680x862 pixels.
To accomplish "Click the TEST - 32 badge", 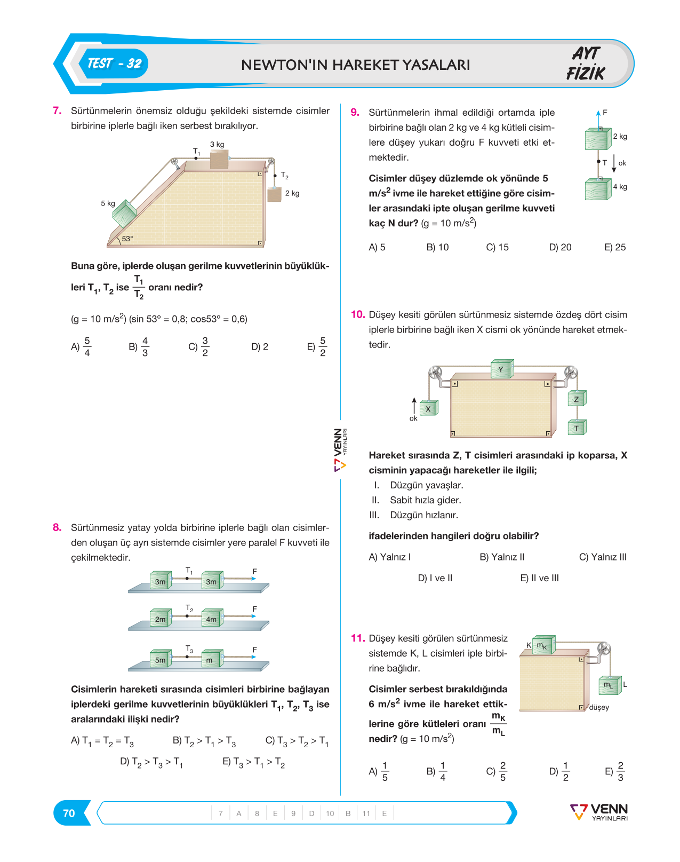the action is click(114, 64).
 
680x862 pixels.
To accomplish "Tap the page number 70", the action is click(69, 813).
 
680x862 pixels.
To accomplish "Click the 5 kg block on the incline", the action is click(124, 213).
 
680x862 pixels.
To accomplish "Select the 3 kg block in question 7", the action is click(219, 159).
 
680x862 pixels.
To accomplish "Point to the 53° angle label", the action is click(127, 239).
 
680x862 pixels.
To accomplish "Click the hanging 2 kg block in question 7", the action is click(275, 195).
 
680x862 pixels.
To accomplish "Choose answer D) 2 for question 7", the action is click(259, 346).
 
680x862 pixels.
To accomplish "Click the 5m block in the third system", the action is click(161, 658).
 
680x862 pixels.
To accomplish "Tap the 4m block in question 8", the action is click(212, 617).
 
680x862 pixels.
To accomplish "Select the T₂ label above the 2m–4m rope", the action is click(189, 608).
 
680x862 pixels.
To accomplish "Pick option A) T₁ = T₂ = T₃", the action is click(102, 741).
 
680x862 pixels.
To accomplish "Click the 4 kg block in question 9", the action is click(598, 188).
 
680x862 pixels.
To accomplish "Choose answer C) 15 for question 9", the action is click(497, 247).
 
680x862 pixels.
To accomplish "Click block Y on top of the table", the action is click(502, 369).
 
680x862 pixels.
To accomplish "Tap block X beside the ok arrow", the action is click(429, 408).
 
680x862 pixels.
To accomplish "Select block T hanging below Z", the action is click(577, 427).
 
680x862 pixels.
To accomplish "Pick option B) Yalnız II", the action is click(502, 557).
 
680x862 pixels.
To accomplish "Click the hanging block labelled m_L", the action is click(610, 685).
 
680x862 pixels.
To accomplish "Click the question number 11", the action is click(357, 638).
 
